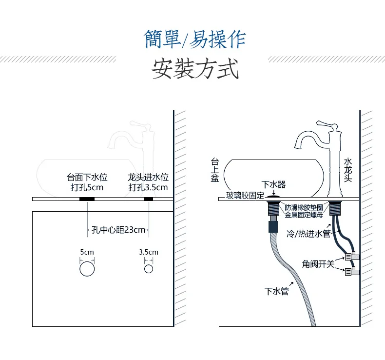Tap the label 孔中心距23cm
click(118, 230)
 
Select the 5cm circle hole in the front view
click(87, 269)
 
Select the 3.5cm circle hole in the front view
click(149, 269)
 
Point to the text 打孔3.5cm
click(148, 187)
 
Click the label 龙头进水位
click(148, 177)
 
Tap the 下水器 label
click(273, 184)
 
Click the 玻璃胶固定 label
click(245, 196)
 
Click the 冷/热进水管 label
click(308, 234)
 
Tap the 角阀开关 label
click(318, 264)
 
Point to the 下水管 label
click(277, 292)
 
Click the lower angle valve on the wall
click(352, 272)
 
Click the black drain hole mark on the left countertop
click(87, 199)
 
